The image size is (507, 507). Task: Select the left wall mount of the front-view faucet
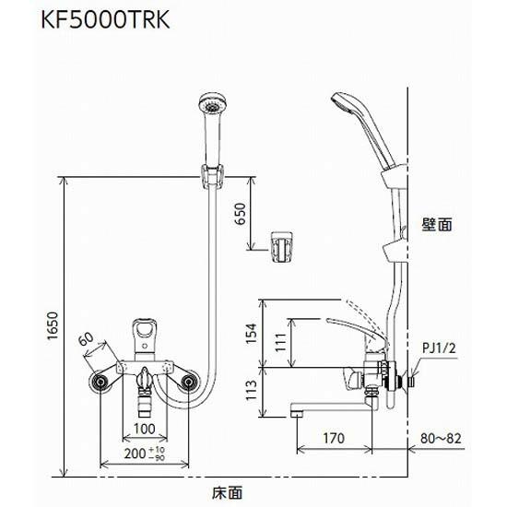pos(100,382)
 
